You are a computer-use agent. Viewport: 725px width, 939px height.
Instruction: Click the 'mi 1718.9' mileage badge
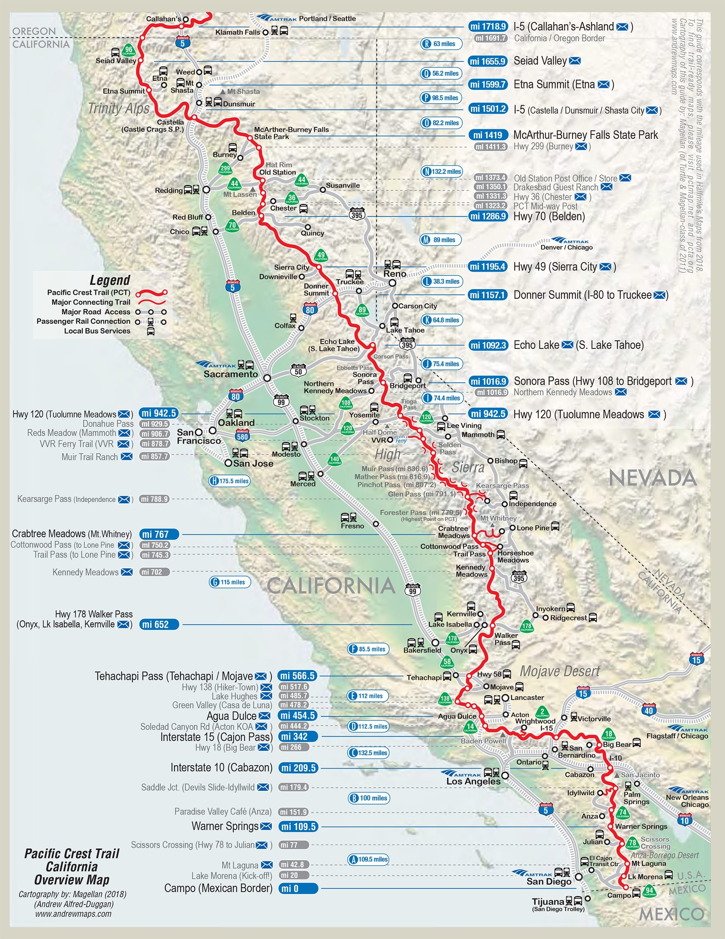click(488, 27)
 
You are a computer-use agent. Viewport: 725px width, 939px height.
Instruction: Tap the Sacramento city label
click(231, 374)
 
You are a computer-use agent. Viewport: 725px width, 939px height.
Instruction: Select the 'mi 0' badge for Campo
click(298, 888)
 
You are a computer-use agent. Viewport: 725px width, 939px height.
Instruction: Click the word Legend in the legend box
click(110, 280)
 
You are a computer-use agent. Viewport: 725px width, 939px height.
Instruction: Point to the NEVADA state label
click(652, 478)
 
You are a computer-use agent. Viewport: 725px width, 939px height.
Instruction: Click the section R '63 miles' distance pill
click(441, 44)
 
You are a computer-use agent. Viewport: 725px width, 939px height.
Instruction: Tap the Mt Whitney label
click(498, 518)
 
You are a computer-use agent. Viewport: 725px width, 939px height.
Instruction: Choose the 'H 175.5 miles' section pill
click(230, 481)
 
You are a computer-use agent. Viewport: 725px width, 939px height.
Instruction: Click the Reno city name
click(395, 274)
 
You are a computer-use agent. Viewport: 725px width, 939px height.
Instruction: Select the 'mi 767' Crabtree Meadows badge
click(159, 534)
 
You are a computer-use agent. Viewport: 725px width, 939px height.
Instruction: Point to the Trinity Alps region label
click(119, 108)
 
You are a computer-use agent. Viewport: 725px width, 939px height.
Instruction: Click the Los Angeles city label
click(473, 781)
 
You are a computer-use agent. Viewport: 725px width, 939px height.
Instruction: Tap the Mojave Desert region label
click(560, 671)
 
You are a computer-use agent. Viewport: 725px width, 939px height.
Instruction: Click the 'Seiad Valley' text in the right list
click(540, 61)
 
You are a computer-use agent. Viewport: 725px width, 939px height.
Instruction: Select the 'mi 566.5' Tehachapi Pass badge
click(298, 676)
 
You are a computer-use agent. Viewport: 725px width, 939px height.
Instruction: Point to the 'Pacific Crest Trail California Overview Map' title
click(72, 866)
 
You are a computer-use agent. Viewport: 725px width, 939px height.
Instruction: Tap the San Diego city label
click(549, 882)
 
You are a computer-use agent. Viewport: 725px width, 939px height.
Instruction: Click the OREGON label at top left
click(34, 31)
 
